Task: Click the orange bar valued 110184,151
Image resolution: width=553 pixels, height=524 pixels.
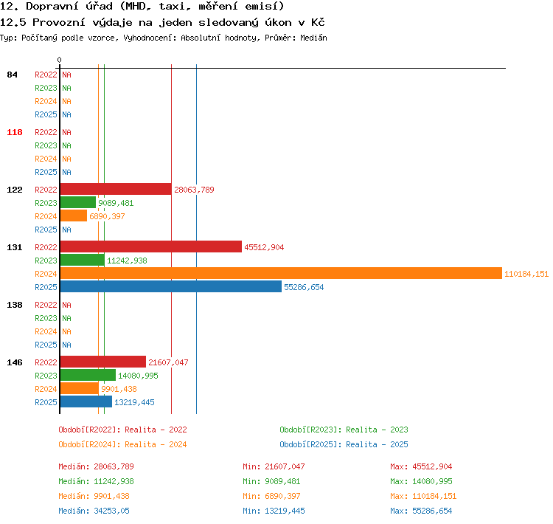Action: pos(281,273)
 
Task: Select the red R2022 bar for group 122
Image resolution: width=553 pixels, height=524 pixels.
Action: pos(116,189)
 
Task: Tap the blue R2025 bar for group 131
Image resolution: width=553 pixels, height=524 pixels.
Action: pos(171,286)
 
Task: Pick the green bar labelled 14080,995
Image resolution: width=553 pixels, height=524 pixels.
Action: pos(88,375)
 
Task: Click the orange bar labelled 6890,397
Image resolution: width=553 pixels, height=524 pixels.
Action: pos(74,216)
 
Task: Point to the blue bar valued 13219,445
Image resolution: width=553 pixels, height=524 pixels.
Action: pos(86,401)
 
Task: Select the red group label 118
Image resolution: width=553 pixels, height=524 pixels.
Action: pos(15,132)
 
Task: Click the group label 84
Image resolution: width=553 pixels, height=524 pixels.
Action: pos(12,75)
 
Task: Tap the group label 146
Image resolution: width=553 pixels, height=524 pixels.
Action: pos(15,362)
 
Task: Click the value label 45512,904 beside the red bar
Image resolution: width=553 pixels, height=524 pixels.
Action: pos(264,247)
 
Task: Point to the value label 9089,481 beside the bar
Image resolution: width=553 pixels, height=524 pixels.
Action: pos(116,203)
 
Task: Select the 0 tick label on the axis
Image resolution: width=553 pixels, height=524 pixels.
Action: pos(59,60)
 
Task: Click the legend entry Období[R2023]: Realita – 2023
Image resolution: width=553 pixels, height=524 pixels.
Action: pos(344,430)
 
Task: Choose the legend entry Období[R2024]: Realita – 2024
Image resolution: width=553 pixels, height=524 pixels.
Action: pos(122,444)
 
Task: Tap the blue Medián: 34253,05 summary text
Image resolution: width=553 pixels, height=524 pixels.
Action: pos(94,511)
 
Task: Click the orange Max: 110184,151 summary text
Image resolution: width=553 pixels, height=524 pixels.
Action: pos(423,496)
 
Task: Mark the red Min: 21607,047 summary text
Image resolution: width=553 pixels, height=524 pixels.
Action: pos(274,466)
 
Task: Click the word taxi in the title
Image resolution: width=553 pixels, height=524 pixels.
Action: pos(173,7)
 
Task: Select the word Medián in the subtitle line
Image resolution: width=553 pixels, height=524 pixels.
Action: pos(313,38)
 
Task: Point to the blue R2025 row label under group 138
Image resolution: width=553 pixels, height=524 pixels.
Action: pos(46,345)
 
